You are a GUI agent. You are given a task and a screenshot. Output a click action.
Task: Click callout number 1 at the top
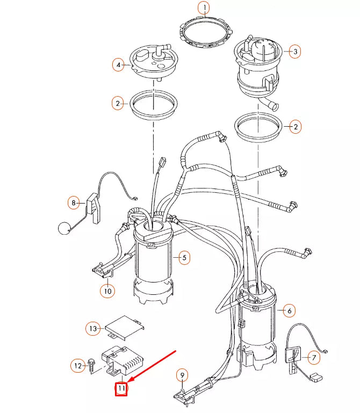coord(204,8)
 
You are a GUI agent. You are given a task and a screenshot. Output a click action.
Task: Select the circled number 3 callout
coord(295,52)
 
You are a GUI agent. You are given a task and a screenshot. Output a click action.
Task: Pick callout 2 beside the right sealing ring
coord(295,127)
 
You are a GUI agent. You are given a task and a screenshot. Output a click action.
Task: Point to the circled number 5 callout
coord(184,258)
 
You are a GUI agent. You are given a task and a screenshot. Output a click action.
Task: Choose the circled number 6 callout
coord(289,310)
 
